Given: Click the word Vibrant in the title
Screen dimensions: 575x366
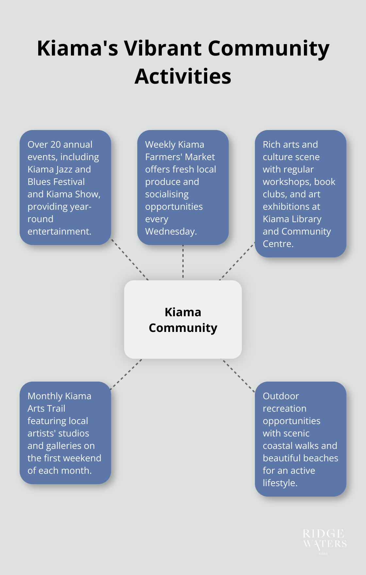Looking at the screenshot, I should [x=162, y=49].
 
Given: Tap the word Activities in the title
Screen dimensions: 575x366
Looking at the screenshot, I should [x=183, y=77].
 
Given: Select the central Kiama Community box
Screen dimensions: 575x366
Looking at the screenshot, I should [x=183, y=320].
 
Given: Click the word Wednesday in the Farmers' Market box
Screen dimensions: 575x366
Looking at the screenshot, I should [x=170, y=231].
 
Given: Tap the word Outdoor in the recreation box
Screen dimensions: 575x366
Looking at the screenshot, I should [x=281, y=396].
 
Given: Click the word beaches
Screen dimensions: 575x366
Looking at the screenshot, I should [x=322, y=458].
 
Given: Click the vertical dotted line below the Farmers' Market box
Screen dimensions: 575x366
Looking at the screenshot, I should [x=183, y=261].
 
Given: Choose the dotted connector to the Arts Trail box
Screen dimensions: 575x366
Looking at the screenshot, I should [x=126, y=374].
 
